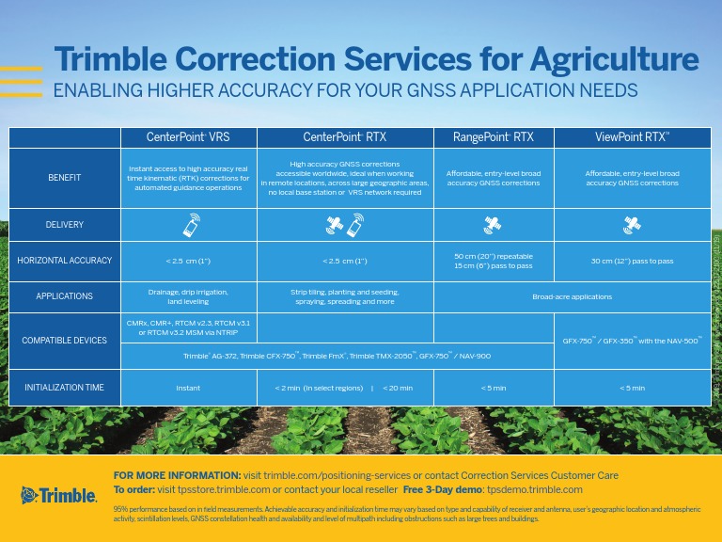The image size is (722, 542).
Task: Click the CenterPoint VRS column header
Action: click(188, 136)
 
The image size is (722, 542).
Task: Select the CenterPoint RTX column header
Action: click(344, 136)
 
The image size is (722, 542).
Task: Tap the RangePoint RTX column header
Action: click(494, 136)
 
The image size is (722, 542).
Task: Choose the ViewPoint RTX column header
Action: click(632, 136)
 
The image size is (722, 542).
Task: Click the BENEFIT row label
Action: click(65, 178)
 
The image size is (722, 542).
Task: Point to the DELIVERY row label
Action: click(65, 225)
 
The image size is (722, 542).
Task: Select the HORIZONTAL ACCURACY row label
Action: click(65, 261)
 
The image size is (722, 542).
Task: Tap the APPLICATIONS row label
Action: click(65, 296)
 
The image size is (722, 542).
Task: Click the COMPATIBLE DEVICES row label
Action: click(65, 340)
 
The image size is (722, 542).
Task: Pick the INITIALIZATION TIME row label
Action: click(65, 387)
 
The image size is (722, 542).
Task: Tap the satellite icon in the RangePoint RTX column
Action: click(493, 225)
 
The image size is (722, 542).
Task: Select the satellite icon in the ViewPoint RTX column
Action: click(632, 225)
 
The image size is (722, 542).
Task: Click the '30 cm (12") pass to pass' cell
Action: click(632, 261)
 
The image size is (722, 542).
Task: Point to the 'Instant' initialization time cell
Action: click(188, 387)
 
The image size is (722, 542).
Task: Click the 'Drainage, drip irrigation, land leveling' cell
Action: click(188, 296)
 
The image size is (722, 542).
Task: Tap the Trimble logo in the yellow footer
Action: click(58, 494)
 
